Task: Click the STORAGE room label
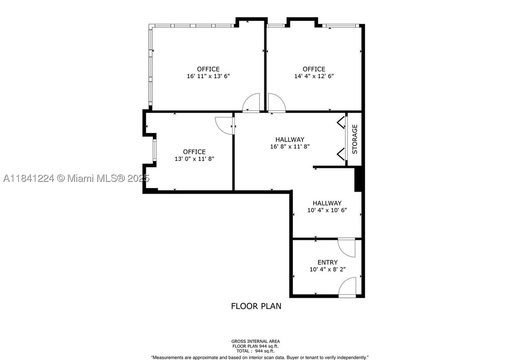click(355, 139)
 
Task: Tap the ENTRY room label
click(327, 262)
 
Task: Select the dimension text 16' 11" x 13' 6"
click(208, 76)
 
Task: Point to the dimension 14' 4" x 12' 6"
click(314, 76)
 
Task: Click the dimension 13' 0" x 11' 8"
click(194, 159)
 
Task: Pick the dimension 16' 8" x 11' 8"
click(290, 146)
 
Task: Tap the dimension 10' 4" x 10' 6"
click(327, 210)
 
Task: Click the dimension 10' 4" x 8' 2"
click(327, 269)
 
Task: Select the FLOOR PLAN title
click(256, 306)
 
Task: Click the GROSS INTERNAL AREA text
click(255, 341)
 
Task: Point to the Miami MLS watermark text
click(76, 178)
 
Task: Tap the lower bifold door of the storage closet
click(340, 154)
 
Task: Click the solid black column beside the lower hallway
click(358, 179)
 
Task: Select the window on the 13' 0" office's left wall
click(155, 150)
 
